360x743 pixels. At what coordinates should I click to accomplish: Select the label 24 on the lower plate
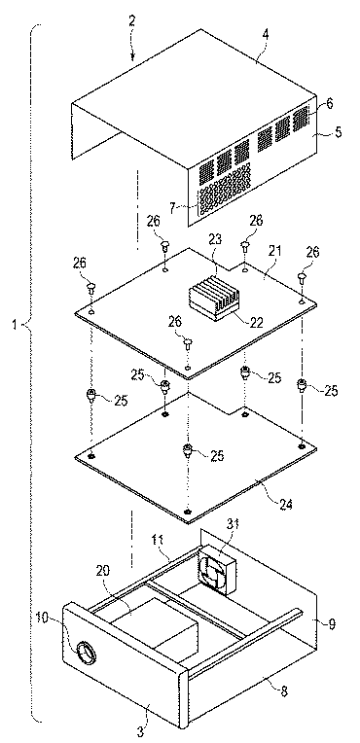[x=282, y=503]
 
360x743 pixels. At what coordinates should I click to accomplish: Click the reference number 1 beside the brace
[x=16, y=325]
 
